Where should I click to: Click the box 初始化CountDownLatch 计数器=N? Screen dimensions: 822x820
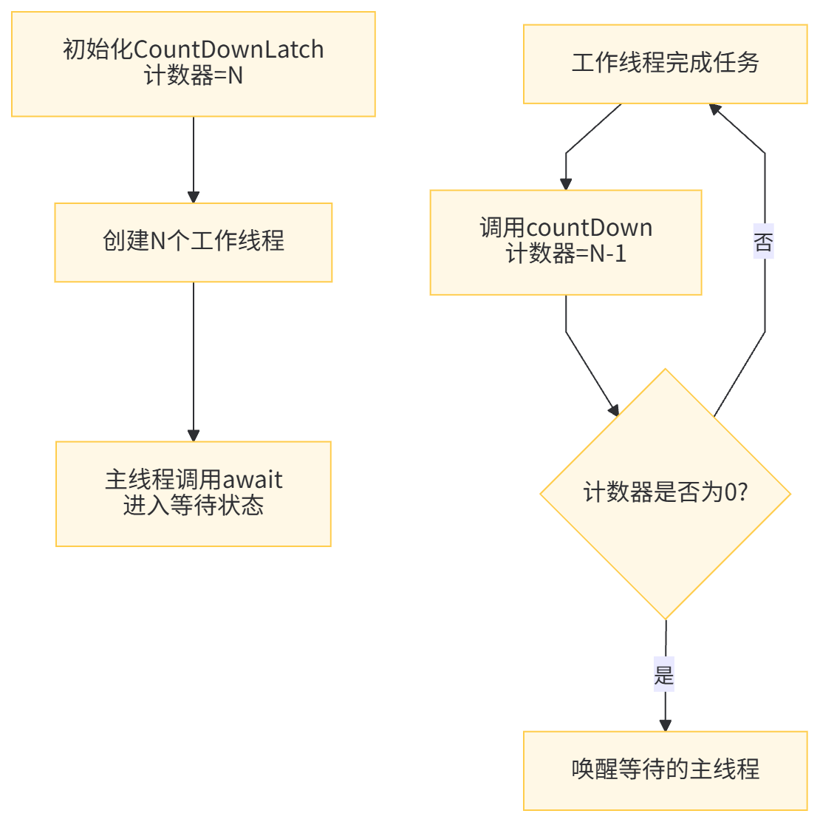coord(193,64)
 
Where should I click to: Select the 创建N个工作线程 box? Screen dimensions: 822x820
coord(193,242)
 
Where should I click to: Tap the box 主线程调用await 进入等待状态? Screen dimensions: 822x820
coord(193,494)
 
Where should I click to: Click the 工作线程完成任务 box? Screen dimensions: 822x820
coord(665,64)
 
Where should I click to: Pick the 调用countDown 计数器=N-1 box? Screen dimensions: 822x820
coord(566,242)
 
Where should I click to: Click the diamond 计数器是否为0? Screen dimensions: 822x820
coord(665,494)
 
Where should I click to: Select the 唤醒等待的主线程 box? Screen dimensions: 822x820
coord(665,770)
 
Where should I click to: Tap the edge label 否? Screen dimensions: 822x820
coord(763,242)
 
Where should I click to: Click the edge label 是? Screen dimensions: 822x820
coord(663,673)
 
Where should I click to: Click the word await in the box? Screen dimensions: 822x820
coord(253,480)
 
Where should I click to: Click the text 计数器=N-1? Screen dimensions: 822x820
coord(566,254)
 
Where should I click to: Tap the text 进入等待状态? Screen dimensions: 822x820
coord(193,506)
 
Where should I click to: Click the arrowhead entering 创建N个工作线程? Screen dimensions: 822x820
coord(193,197)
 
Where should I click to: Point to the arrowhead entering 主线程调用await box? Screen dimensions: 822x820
coord(193,435)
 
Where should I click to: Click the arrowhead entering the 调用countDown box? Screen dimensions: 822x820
coord(566,184)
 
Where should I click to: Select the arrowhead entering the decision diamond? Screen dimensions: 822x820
coord(614,410)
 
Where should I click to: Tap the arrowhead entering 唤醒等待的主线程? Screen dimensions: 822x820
coord(665,724)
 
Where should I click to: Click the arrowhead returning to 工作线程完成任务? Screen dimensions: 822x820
coord(715,109)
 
